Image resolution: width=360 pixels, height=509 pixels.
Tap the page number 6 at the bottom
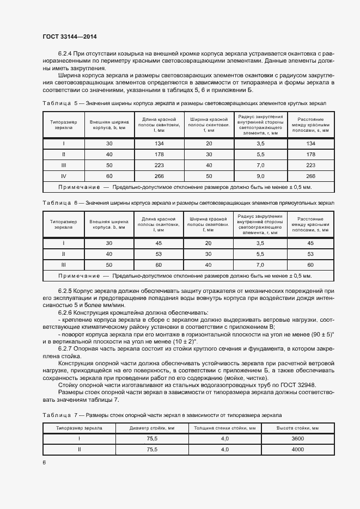pos(44,462)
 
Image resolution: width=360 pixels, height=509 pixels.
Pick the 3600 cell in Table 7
pos(298,439)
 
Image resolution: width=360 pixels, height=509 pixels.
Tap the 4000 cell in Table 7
pos(298,450)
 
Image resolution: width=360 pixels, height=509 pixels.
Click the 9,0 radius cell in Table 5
pos(260,176)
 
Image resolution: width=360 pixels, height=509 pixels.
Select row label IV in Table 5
pos(64,176)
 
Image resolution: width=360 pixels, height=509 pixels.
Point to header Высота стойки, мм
pos(298,428)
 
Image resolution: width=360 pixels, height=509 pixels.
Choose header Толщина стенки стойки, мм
pos(224,428)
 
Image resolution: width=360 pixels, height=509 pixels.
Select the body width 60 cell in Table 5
pos(109,176)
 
